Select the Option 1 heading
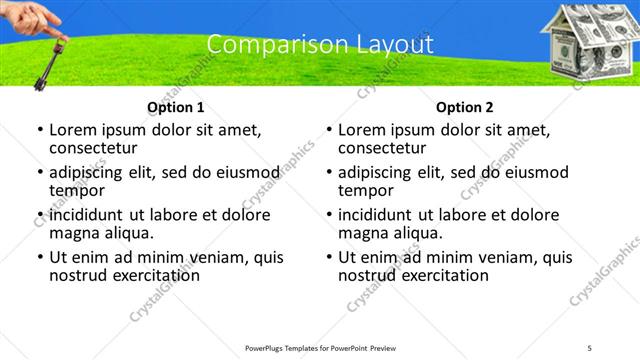175,107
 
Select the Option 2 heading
464,107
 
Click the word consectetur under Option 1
97,148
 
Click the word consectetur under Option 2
386,148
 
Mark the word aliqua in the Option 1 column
126,233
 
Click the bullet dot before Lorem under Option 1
39,130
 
